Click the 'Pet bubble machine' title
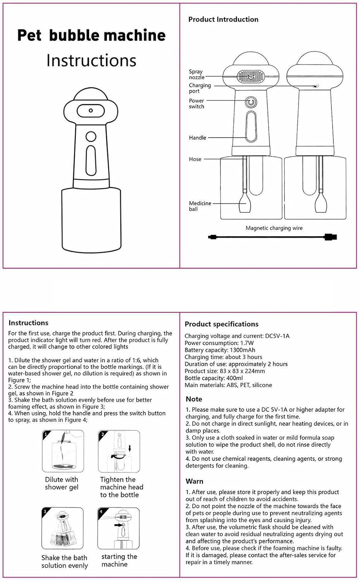(x=91, y=36)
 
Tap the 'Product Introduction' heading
(x=223, y=19)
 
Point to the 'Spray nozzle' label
(x=196, y=74)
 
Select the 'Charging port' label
(x=200, y=88)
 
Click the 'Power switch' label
(x=196, y=103)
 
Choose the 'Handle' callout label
(x=198, y=138)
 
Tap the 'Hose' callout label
(x=195, y=159)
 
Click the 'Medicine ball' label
(x=200, y=206)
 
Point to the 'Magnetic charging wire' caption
(x=274, y=228)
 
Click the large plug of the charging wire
(x=331, y=237)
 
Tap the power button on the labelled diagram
(x=251, y=103)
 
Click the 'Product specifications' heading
(x=222, y=324)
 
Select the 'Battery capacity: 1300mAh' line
(x=220, y=350)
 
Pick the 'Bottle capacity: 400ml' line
(x=214, y=378)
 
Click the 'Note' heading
(x=194, y=399)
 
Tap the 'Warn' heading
(x=195, y=481)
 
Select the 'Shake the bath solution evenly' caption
(x=64, y=562)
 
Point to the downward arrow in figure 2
(x=130, y=449)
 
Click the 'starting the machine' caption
(x=119, y=560)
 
